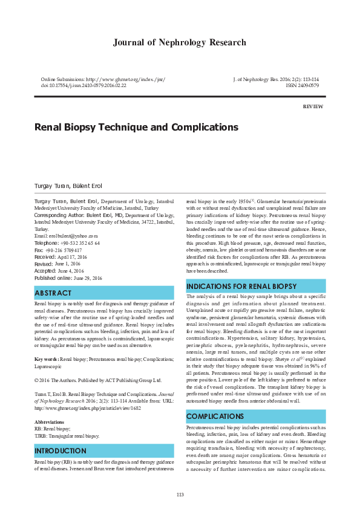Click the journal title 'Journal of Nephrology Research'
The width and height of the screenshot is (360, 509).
[x=180, y=42]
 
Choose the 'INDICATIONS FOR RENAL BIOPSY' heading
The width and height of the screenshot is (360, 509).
[x=242, y=286]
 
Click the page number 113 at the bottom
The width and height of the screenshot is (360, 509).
[x=180, y=495]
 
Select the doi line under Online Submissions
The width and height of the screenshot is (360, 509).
[x=83, y=86]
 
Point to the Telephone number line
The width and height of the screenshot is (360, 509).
[x=67, y=242]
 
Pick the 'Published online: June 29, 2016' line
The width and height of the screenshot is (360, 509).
[x=68, y=277]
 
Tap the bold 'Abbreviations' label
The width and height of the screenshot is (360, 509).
[x=50, y=422]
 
